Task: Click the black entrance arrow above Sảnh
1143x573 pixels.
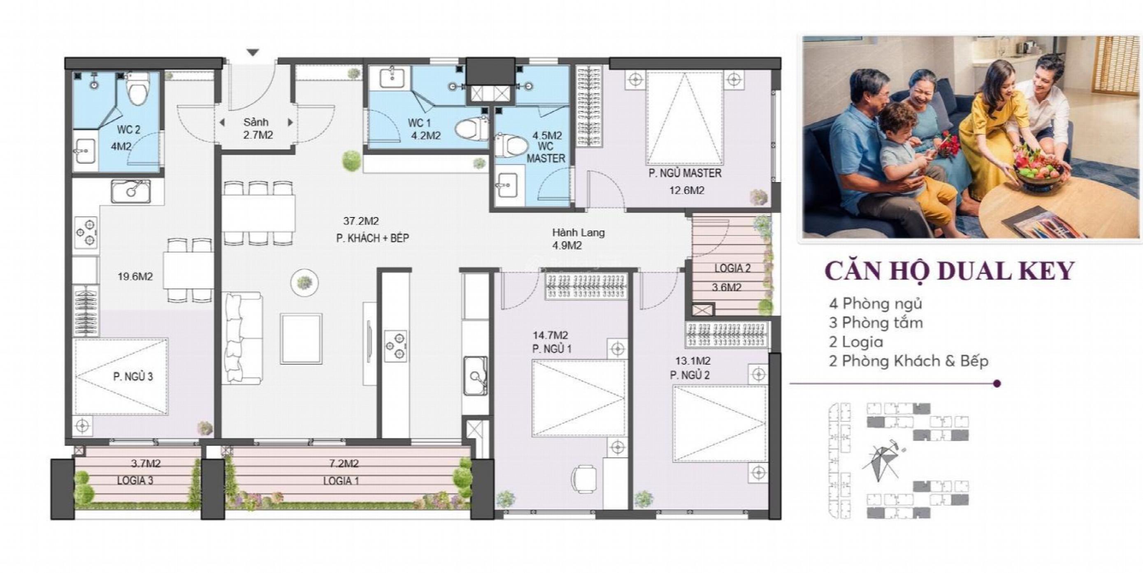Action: tap(253, 52)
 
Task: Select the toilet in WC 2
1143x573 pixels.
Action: tap(138, 89)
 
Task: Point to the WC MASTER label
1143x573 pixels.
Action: tap(546, 152)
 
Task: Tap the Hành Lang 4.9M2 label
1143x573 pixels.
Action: tap(578, 239)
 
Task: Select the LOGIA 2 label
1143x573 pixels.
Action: tap(732, 268)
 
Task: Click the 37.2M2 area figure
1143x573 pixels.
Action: tap(361, 221)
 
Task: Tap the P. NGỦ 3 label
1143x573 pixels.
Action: tap(133, 377)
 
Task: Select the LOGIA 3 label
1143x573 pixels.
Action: tap(135, 481)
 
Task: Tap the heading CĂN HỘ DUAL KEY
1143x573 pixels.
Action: tap(950, 271)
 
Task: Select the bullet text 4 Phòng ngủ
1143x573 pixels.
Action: tap(876, 304)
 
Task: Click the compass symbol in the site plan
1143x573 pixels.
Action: tap(882, 461)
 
